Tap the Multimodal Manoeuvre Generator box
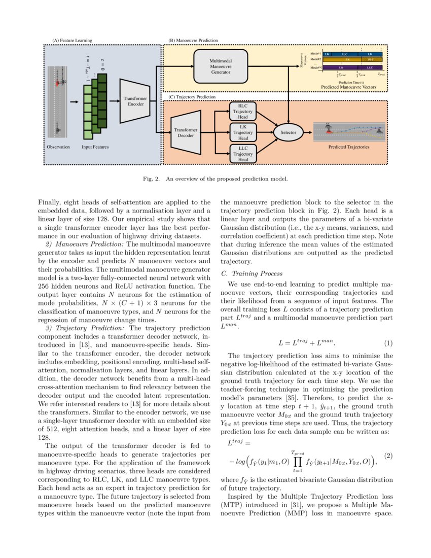221,66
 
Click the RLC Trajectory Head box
243,111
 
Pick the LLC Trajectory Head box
243,154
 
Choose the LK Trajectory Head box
243,132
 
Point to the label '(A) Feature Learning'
73,40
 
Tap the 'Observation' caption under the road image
58,147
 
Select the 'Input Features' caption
95,147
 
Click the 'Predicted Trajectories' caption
348,147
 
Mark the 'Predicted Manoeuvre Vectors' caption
348,87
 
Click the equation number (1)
388,343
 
